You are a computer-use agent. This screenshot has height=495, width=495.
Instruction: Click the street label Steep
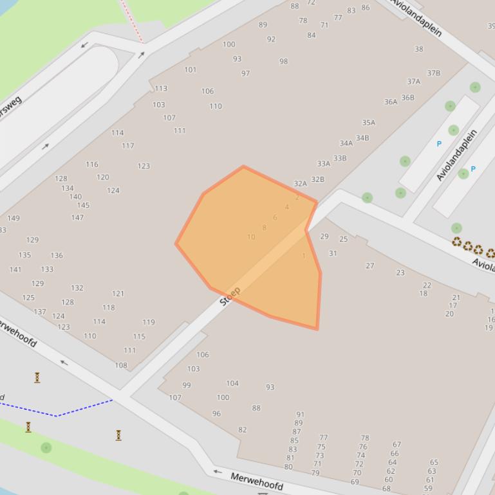pos(230,296)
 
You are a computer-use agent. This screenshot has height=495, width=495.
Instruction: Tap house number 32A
pos(301,184)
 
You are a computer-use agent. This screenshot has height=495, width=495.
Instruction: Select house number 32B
pos(318,179)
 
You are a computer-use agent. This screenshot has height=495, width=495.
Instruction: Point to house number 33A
pos(323,164)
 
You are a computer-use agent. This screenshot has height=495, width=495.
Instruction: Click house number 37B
pos(434,73)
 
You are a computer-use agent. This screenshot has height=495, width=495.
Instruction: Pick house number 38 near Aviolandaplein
pos(419,49)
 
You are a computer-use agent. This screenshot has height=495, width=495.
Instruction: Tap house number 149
pos(13,218)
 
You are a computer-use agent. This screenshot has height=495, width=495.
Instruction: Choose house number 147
pos(77,217)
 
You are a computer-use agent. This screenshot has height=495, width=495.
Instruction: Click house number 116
pos(92,165)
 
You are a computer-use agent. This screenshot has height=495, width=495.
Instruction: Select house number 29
pos(324,237)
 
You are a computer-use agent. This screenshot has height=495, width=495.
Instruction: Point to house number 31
pos(333,253)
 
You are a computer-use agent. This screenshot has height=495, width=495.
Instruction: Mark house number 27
pos(370,265)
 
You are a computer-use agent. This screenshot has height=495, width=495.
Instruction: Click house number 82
pos(243,430)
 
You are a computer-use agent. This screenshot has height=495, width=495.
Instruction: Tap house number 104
pos(232,383)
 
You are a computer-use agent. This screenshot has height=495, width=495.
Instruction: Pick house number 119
pos(149,322)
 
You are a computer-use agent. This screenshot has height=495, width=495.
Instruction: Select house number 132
pos(77,288)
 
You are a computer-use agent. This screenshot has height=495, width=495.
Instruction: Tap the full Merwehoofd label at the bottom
pos(257,482)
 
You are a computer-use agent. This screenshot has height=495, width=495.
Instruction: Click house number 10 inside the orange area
pos(251,237)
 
